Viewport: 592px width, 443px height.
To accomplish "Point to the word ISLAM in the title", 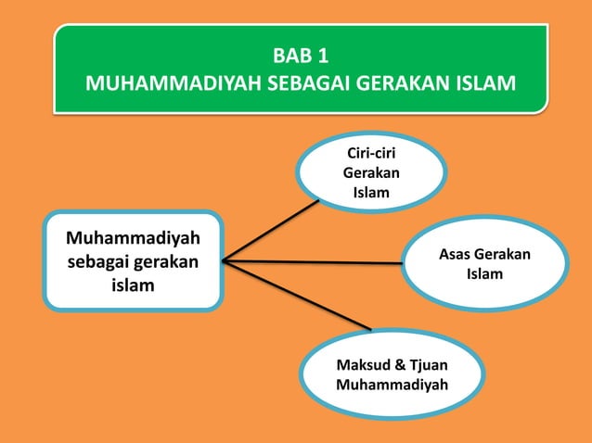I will (x=487, y=85).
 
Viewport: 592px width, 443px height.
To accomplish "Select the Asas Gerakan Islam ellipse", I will (x=484, y=264).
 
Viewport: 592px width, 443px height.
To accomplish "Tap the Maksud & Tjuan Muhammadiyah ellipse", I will (x=392, y=373).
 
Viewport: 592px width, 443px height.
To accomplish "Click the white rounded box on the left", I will (x=134, y=261).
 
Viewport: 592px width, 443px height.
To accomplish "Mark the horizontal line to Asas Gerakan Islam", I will (x=315, y=262).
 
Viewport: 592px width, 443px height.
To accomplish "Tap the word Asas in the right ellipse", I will (x=455, y=255).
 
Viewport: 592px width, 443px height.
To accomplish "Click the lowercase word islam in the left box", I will (x=134, y=285).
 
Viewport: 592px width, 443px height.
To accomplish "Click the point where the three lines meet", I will (x=225, y=261).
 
